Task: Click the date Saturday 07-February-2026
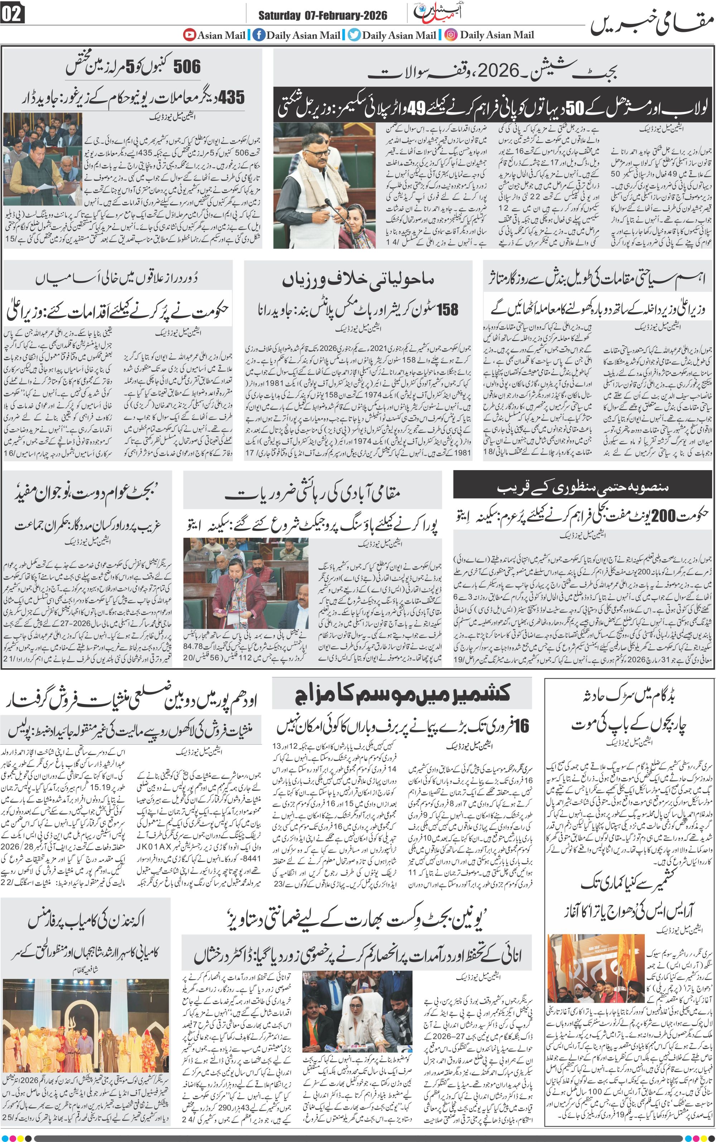323,16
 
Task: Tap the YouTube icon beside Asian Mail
189,35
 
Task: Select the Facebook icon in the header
258,35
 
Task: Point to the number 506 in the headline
187,67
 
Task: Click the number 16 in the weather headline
521,726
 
